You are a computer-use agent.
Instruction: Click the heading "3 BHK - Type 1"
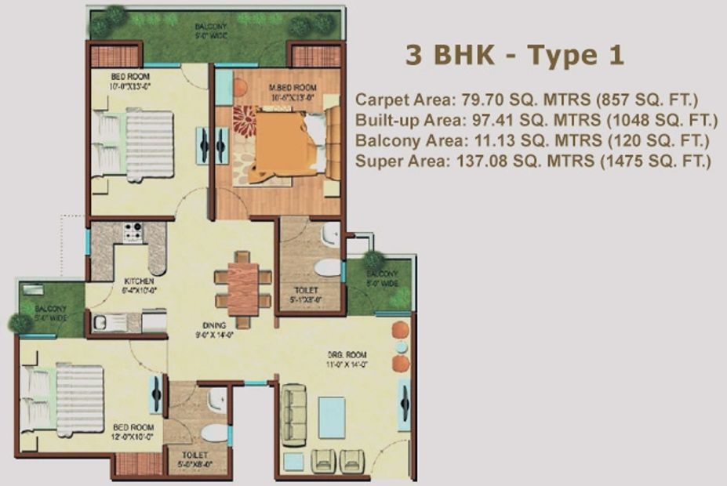point(514,56)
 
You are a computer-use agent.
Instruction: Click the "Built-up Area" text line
point(536,121)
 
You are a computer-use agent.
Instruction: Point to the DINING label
point(214,325)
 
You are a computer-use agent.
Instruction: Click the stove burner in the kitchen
point(133,231)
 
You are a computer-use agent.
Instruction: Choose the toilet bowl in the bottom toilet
point(213,432)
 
